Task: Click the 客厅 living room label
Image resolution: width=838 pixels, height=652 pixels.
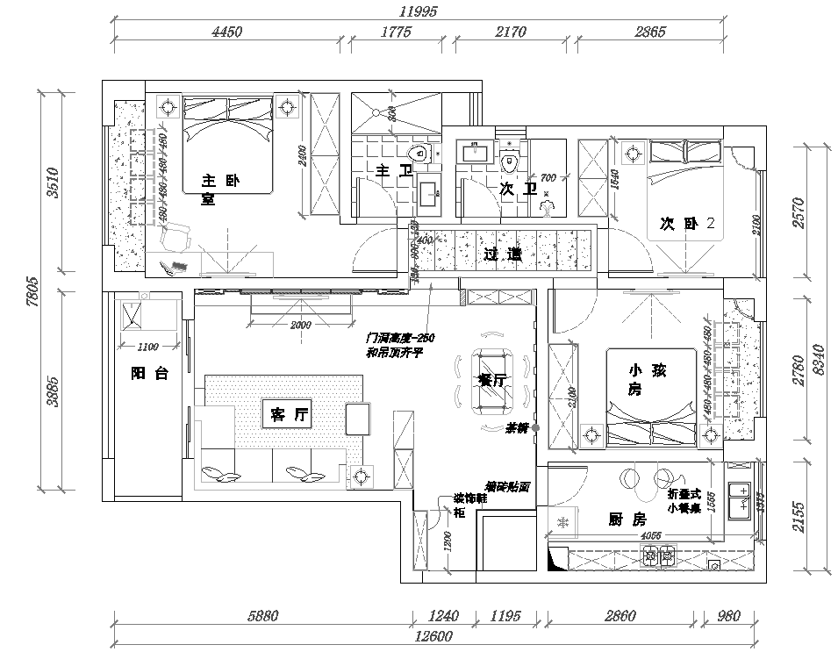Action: (286, 416)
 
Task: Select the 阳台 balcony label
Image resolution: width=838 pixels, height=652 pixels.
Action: (149, 374)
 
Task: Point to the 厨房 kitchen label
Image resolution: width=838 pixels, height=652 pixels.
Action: (627, 519)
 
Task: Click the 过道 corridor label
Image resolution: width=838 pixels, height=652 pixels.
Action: (503, 254)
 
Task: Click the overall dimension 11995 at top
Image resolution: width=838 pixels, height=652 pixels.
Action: (418, 11)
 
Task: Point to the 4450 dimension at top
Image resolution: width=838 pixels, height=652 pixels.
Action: (226, 32)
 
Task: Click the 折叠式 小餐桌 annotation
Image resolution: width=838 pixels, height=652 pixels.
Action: (684, 501)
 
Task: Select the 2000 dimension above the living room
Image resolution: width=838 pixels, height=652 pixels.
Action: (300, 325)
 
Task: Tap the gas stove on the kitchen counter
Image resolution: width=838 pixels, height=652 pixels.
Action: (660, 554)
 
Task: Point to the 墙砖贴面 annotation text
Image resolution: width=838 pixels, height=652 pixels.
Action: (507, 484)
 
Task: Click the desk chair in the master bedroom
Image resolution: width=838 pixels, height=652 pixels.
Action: (175, 235)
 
